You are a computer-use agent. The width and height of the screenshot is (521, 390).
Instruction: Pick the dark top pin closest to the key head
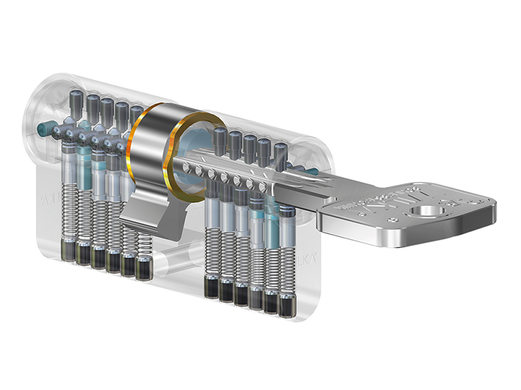(279, 154)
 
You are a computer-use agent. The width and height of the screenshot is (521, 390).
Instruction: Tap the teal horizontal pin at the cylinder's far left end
(45, 126)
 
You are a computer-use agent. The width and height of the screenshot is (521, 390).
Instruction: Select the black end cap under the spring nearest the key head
(285, 305)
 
